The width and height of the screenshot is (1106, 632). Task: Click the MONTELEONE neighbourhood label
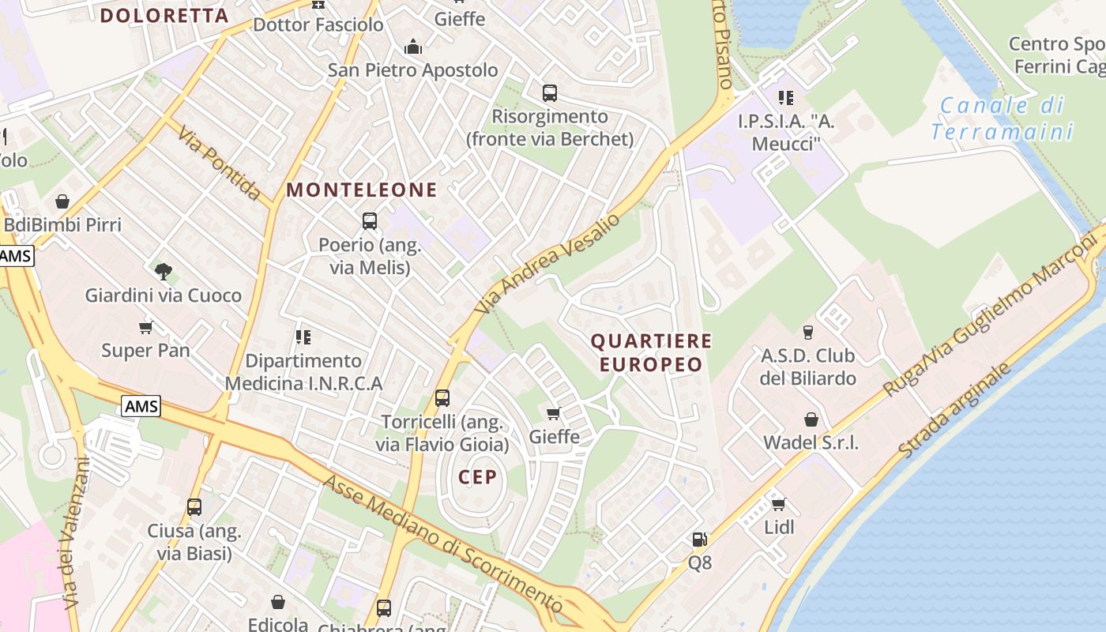(361, 190)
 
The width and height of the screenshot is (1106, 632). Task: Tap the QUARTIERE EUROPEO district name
(651, 352)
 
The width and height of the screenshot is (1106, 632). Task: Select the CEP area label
(478, 476)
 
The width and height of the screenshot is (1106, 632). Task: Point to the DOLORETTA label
(164, 15)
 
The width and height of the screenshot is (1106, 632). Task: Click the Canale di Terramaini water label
(1003, 118)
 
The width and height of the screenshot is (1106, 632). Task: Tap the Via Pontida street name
(220, 163)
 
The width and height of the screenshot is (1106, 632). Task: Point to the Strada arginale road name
(954, 409)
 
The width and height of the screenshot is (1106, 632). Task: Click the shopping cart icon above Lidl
(778, 504)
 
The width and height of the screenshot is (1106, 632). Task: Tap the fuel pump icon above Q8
(699, 540)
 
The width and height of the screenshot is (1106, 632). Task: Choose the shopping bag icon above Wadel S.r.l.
(811, 419)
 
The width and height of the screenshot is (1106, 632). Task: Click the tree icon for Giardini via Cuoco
(164, 273)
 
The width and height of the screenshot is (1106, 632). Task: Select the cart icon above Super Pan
(145, 327)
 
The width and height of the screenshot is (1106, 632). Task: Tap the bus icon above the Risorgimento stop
(550, 93)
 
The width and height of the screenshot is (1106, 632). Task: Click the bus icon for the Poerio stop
(370, 221)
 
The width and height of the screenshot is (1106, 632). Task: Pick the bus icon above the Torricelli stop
(442, 398)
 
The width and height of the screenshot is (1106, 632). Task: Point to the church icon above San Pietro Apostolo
(412, 47)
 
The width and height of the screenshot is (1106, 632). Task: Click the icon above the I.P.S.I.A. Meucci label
(785, 98)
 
